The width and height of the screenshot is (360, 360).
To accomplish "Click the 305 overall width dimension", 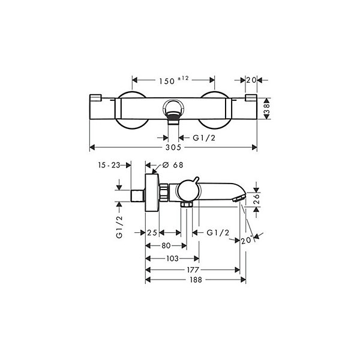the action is pyautogui.click(x=173, y=147).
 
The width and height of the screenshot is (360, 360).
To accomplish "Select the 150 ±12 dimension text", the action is pyautogui.click(x=174, y=80).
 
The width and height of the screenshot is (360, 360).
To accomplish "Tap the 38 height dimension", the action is pyautogui.click(x=266, y=109).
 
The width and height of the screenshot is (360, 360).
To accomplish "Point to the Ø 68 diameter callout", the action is pyautogui.click(x=173, y=165).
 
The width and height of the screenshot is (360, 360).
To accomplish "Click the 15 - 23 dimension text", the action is pyautogui.click(x=109, y=165).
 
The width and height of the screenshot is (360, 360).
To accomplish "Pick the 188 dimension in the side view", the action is pyautogui.click(x=196, y=280).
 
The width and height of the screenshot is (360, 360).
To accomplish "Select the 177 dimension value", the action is pyautogui.click(x=193, y=270).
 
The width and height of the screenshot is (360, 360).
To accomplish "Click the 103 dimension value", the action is pyautogui.click(x=172, y=259).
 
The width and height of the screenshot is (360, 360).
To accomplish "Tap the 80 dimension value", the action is pyautogui.click(x=166, y=245).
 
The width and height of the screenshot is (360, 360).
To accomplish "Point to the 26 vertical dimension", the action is pyautogui.click(x=257, y=199).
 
